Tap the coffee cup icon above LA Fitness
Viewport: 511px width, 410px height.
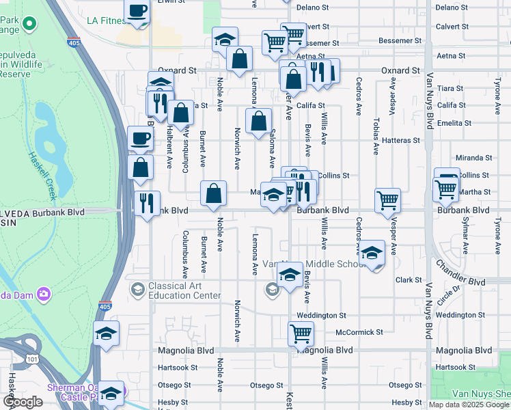(137, 12)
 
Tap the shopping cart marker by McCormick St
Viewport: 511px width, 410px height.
(301, 333)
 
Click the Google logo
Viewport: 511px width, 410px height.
(23, 402)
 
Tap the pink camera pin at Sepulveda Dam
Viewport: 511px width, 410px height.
(44, 294)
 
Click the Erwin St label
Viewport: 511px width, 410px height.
(171, 2)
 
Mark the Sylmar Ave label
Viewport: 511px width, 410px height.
(465, 236)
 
